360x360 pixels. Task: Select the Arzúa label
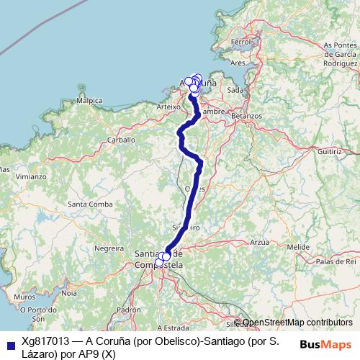(x=259, y=243)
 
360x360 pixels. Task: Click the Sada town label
(x=235, y=90)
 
